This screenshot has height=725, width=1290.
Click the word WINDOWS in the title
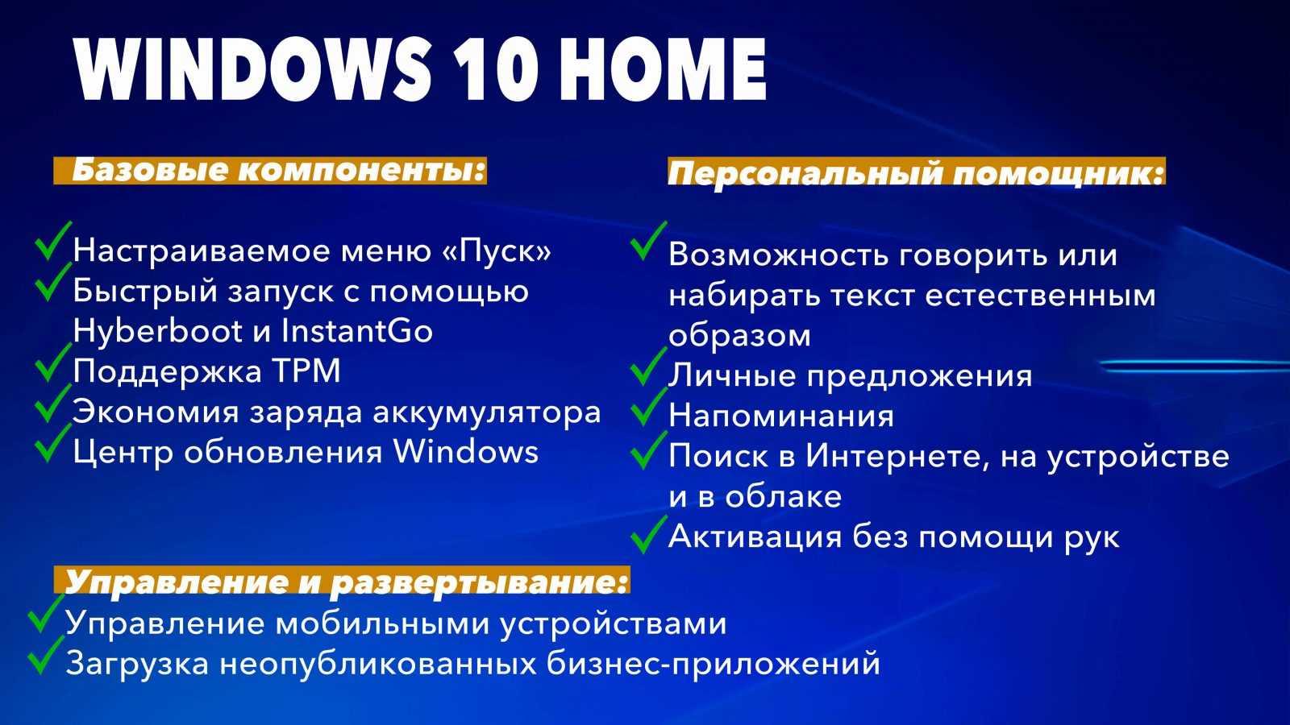(x=252, y=69)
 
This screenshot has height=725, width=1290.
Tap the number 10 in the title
(x=496, y=69)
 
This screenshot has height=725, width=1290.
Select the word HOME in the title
(x=664, y=69)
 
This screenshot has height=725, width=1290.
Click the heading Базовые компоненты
(x=279, y=170)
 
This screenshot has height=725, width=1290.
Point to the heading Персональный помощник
(x=916, y=172)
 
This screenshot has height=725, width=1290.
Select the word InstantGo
(x=356, y=331)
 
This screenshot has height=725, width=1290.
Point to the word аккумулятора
(x=487, y=412)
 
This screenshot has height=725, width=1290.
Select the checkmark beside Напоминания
(x=648, y=407)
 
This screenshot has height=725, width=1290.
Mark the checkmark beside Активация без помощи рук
(x=648, y=535)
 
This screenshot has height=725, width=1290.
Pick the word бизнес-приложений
(x=714, y=664)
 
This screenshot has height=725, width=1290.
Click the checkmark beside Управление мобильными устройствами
(x=46, y=614)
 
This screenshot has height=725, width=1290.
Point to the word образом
(x=739, y=335)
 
